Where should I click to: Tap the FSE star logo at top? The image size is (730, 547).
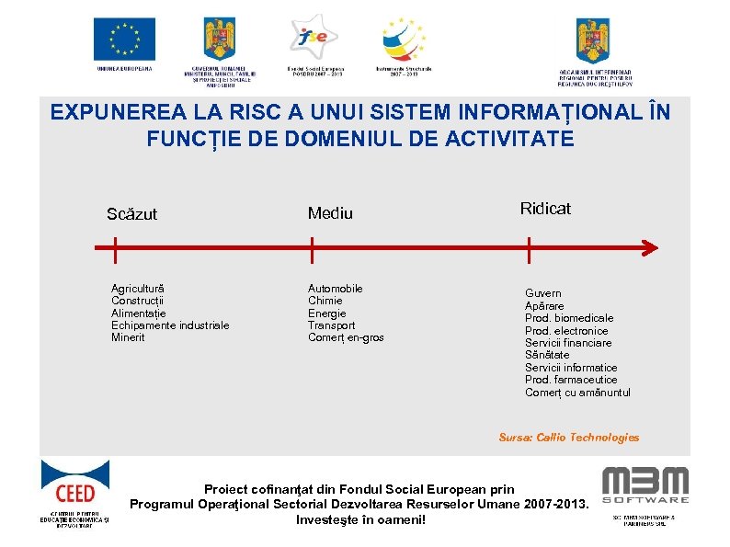pos(314,37)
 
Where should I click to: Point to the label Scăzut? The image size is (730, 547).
pos(131,214)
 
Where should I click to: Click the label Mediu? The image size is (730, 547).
pos(330,213)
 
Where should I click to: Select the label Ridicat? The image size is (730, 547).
pos(545,209)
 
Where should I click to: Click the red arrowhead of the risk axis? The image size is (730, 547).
pos(649,248)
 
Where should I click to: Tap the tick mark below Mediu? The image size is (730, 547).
pos(313,248)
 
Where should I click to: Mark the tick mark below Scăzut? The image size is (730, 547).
pos(114,248)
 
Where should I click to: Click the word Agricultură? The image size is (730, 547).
pos(138,289)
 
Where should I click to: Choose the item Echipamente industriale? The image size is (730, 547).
pos(170,325)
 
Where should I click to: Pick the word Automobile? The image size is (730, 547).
pos(335,289)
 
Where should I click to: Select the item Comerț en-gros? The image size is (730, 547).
pos(346,337)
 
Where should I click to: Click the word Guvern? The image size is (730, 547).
pos(542,293)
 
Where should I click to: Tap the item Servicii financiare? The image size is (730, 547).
pos(568,343)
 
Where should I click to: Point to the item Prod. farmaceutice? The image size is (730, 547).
pos(571,380)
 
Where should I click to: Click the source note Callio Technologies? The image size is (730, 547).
pos(568,438)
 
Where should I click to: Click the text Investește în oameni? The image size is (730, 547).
pos(360,519)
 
